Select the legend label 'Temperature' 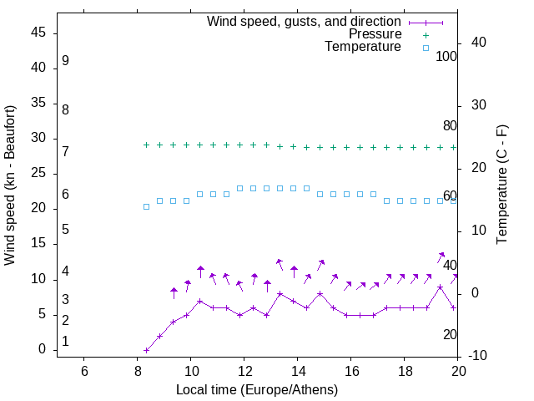tap(363, 47)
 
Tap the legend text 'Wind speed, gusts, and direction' tap(305, 21)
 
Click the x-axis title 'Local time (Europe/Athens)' tap(257, 390)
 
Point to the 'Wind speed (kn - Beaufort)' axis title tap(10, 185)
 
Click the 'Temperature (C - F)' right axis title tap(501, 185)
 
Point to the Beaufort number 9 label tap(65, 61)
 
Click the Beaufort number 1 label tap(65, 342)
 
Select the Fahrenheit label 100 tap(446, 57)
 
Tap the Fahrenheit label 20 tap(450, 334)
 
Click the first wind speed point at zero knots tap(147, 350)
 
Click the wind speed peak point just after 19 tap(441, 287)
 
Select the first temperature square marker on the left tap(147, 206)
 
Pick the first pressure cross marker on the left tap(147, 145)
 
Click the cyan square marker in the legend tap(426, 48)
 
